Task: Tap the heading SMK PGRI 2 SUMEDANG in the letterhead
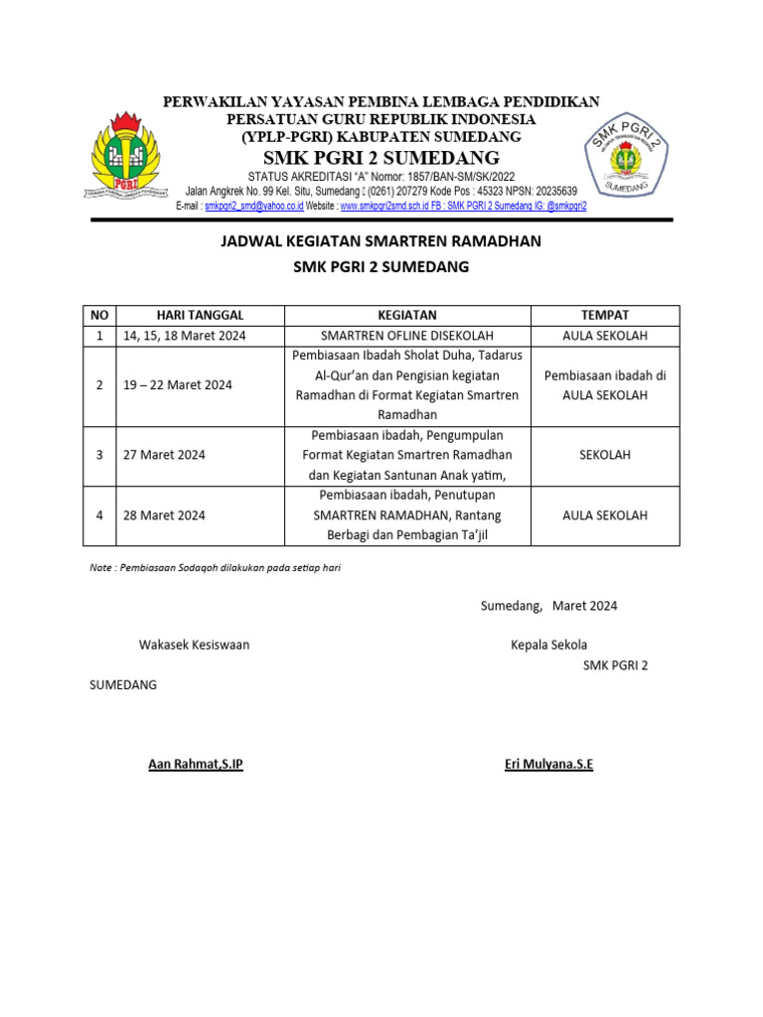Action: tap(381, 159)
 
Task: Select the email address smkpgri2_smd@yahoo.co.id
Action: tap(253, 207)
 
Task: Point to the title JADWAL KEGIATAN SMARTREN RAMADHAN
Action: tap(381, 240)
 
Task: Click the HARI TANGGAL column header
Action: tap(200, 315)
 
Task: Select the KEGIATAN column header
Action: tap(406, 315)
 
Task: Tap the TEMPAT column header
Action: tap(604, 315)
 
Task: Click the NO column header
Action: tap(99, 315)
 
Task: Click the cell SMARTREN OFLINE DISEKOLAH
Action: tap(406, 336)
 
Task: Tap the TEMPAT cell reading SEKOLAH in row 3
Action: tap(604, 455)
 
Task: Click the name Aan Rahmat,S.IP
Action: tap(195, 764)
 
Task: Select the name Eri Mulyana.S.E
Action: tap(548, 764)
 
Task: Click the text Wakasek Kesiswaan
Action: tap(194, 645)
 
